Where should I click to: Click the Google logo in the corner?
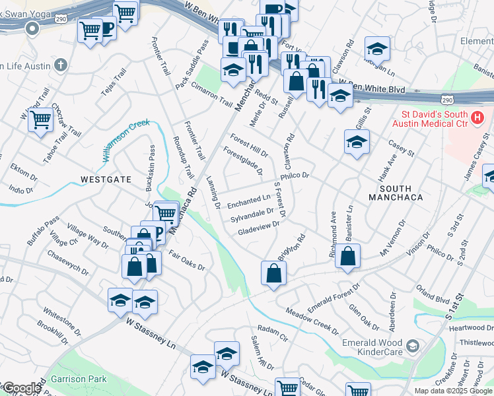pyautogui.click(x=21, y=388)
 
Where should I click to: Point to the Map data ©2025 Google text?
pyautogui.click(x=453, y=391)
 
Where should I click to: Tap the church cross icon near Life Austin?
pyautogui.click(x=61, y=65)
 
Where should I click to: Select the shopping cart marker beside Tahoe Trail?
pyautogui.click(x=40, y=121)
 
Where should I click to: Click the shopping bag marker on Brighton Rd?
pyautogui.click(x=273, y=273)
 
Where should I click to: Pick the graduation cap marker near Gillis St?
pyautogui.click(x=356, y=142)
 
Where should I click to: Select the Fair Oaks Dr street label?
pyautogui.click(x=187, y=261)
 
